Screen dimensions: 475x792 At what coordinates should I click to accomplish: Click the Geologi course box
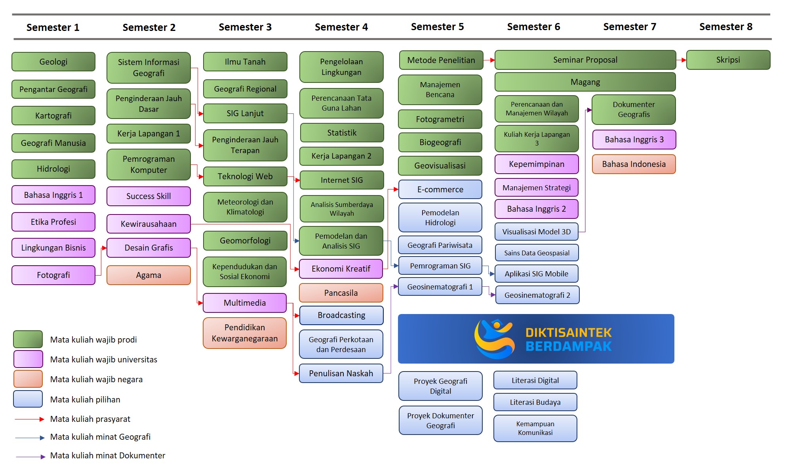tap(53, 62)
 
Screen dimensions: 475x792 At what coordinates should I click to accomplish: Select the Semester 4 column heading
tap(341, 27)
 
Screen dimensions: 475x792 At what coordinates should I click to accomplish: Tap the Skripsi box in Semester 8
tap(728, 60)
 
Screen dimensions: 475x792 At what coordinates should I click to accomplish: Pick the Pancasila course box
tap(341, 293)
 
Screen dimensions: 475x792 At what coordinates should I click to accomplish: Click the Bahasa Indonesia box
tap(634, 164)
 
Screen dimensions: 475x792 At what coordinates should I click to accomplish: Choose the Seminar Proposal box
tap(585, 60)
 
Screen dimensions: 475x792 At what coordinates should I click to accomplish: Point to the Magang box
tap(585, 82)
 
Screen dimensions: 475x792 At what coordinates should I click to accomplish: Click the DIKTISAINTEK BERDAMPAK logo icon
tap(494, 339)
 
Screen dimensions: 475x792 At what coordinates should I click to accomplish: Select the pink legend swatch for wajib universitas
tap(28, 359)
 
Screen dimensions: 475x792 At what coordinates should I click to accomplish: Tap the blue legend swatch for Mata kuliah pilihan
tap(28, 399)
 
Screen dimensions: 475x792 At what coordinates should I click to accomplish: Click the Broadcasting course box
tap(341, 315)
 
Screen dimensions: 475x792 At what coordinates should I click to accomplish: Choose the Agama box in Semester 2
tap(148, 275)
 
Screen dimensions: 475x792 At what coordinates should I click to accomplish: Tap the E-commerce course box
tap(440, 190)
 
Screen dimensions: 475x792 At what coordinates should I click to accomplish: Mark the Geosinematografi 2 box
tap(537, 295)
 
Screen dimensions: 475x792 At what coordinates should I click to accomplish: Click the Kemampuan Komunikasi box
tap(535, 428)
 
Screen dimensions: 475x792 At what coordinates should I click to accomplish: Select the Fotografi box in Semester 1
tap(53, 275)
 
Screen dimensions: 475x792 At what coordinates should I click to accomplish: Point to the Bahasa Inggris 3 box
tap(634, 140)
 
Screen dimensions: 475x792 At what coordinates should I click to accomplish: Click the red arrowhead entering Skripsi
tap(683, 60)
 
